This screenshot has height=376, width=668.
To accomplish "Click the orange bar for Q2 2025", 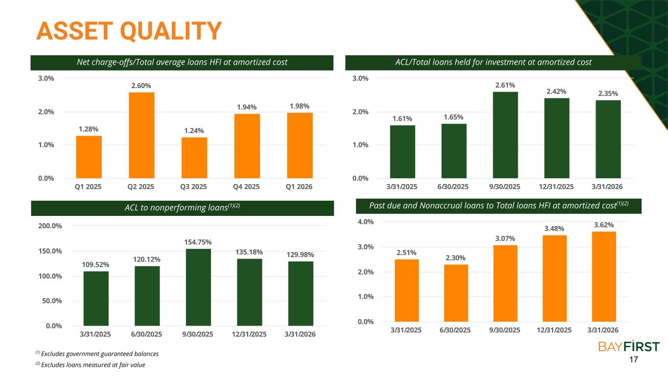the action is (141, 135).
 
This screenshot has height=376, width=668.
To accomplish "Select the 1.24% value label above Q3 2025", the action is (194, 131).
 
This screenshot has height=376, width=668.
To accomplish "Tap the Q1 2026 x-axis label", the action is (299, 187).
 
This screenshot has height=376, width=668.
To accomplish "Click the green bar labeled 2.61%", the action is (505, 135).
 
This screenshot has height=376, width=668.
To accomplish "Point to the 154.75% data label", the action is (198, 242).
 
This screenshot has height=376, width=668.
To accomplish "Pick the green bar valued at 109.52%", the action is (96, 299).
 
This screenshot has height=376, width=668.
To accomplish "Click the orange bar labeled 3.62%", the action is (604, 277).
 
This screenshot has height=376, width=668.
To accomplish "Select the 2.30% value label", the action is (456, 258).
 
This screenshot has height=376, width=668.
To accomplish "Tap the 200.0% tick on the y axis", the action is (50, 226).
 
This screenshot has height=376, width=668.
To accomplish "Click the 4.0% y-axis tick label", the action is (366, 222).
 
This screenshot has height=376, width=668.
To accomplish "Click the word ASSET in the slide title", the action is (75, 31).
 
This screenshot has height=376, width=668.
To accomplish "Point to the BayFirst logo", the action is (629, 347).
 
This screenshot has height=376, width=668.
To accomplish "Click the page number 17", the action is (633, 359).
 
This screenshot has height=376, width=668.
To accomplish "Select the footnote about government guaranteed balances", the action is (97, 354).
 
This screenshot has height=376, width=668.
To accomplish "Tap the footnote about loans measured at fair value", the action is (91, 365).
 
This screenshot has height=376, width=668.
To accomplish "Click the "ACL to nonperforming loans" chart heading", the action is (183, 208).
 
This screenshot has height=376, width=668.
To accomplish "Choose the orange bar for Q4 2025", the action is (247, 146).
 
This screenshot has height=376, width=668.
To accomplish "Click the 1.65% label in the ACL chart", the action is (453, 117).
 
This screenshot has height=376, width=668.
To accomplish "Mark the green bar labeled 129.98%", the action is (300, 294).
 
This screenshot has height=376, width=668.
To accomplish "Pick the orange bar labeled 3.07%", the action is (505, 283).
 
